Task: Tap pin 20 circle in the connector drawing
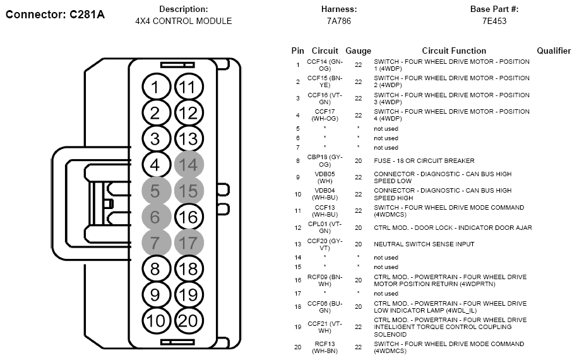pyautogui.click(x=189, y=321)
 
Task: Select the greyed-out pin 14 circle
pyautogui.click(x=189, y=165)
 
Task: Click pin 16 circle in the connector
pyautogui.click(x=189, y=217)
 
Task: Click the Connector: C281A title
pyautogui.click(x=55, y=15)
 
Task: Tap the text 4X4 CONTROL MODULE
pyautogui.click(x=183, y=21)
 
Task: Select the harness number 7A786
pyautogui.click(x=339, y=21)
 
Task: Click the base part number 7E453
pyautogui.click(x=494, y=21)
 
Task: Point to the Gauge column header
pyautogui.click(x=358, y=51)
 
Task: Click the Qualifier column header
pyautogui.click(x=554, y=51)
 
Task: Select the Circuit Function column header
pyautogui.click(x=454, y=51)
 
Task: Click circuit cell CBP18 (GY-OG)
pyautogui.click(x=324, y=161)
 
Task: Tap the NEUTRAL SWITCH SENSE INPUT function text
pyautogui.click(x=424, y=244)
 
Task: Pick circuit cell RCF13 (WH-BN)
pyautogui.click(x=324, y=347)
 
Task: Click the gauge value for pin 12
pyautogui.click(x=358, y=228)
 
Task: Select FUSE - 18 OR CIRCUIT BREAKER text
pyautogui.click(x=424, y=161)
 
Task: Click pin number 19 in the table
pyautogui.click(x=298, y=327)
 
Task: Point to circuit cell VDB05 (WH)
pyautogui.click(x=324, y=177)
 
